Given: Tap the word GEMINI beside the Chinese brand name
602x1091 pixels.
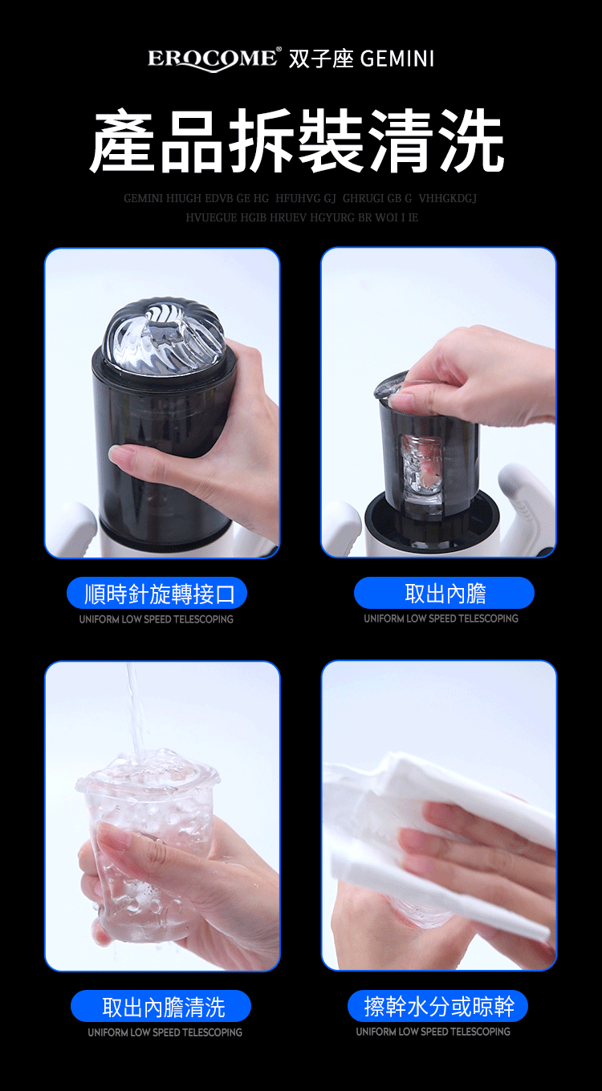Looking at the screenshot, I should pyautogui.click(x=397, y=59).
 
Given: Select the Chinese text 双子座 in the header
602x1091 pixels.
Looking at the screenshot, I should pyautogui.click(x=321, y=59).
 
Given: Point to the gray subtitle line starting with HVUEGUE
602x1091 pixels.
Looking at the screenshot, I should pyautogui.click(x=302, y=217).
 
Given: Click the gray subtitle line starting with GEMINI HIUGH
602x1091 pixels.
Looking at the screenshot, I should pyautogui.click(x=300, y=198).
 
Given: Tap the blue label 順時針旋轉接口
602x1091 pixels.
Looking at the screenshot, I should pyautogui.click(x=157, y=594).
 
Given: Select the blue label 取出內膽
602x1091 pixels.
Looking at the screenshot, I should pyautogui.click(x=444, y=593).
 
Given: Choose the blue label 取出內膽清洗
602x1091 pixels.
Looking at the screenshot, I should pyautogui.click(x=161, y=1006).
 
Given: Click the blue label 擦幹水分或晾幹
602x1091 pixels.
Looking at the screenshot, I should pyautogui.click(x=437, y=1006).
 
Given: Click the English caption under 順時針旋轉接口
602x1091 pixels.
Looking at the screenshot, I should pyautogui.click(x=156, y=619).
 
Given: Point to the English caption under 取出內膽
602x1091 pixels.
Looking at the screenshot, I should pyautogui.click(x=441, y=619).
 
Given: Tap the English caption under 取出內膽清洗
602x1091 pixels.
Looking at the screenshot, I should pyautogui.click(x=165, y=1032).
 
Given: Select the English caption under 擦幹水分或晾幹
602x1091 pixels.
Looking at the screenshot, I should pyautogui.click(x=433, y=1032).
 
